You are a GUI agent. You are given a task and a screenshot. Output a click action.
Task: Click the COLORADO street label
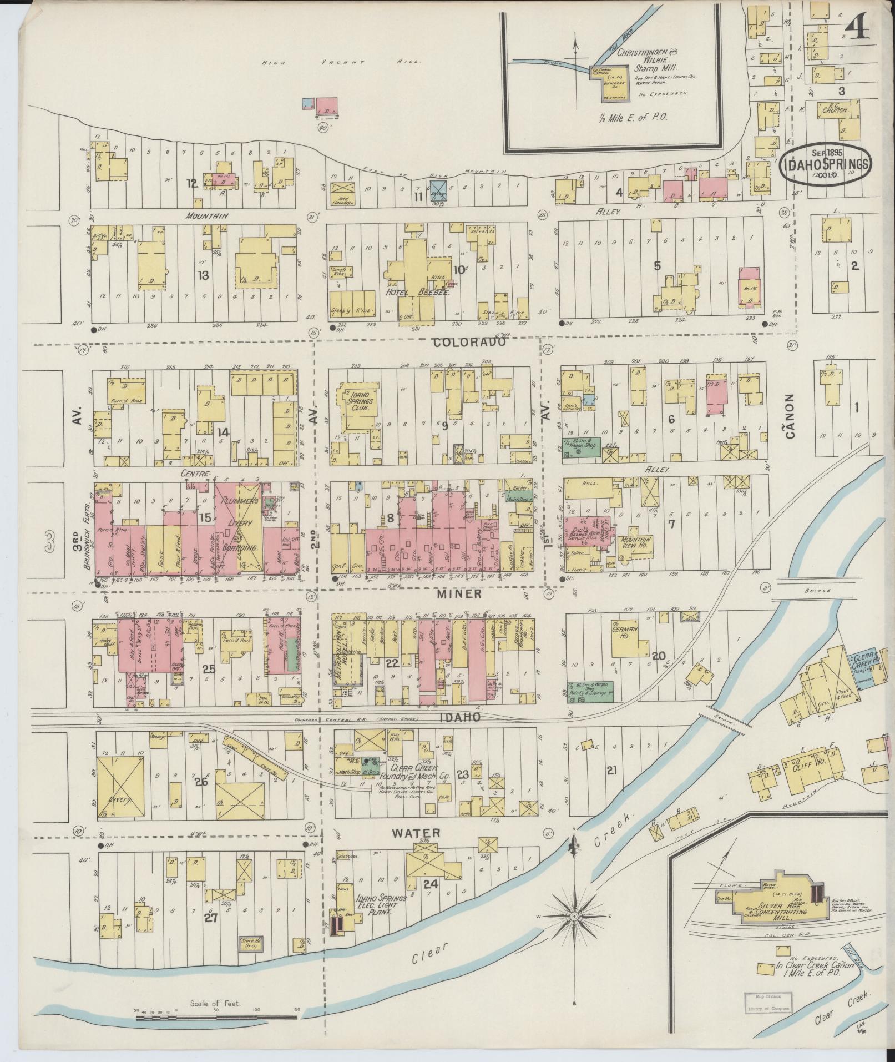click(x=469, y=343)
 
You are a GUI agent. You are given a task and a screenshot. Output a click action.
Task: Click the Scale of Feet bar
click(x=218, y=1018)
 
